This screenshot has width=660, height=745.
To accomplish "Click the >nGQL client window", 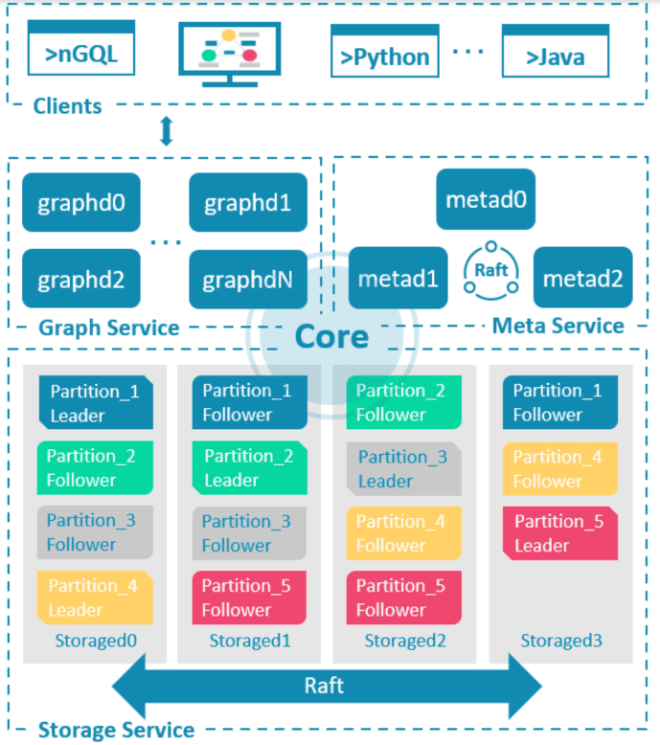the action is pyautogui.click(x=81, y=48).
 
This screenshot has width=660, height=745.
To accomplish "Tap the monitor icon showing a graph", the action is pyautogui.click(x=230, y=55).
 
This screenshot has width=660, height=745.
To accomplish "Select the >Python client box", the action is pyautogui.click(x=385, y=51).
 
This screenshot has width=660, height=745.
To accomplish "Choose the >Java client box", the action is pyautogui.click(x=556, y=51).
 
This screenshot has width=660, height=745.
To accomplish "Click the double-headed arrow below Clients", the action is pyautogui.click(x=167, y=131).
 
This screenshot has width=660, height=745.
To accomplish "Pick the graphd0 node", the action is pyautogui.click(x=81, y=202).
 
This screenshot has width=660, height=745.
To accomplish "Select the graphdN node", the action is pyautogui.click(x=248, y=280).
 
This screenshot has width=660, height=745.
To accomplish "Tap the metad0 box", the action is pyautogui.click(x=486, y=199).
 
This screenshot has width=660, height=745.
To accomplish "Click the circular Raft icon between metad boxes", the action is pyautogui.click(x=490, y=271).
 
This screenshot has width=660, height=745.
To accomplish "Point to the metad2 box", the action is pyautogui.click(x=583, y=278).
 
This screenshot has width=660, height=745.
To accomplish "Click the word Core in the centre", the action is pyautogui.click(x=331, y=337).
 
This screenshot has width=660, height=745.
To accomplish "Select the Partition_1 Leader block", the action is pyautogui.click(x=96, y=402).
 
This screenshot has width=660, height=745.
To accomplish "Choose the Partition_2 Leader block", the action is pyautogui.click(x=249, y=467).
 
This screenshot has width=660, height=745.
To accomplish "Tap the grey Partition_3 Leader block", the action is pyautogui.click(x=404, y=469).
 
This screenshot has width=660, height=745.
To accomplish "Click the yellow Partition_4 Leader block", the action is pyautogui.click(x=95, y=598).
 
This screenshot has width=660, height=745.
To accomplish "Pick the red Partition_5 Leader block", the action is pyautogui.click(x=560, y=533).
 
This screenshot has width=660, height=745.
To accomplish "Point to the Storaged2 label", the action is pyautogui.click(x=405, y=641).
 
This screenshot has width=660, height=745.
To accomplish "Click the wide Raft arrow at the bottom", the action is pyautogui.click(x=327, y=686).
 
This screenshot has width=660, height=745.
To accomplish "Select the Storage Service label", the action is pyautogui.click(x=117, y=730).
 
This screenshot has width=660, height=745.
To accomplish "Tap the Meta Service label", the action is pyautogui.click(x=558, y=326).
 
